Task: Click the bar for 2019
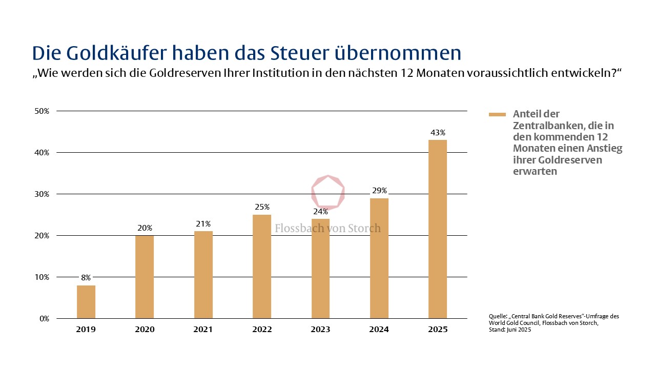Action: point(86,302)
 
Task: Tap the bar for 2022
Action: point(262,266)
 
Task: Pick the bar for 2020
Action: point(145,277)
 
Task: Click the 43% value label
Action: point(438,133)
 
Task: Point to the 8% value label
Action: point(86,278)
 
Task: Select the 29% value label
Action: point(379,191)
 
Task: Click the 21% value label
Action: point(203,224)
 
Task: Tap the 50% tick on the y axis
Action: point(42,111)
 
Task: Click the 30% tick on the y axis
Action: point(42,194)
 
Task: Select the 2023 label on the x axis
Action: point(320,330)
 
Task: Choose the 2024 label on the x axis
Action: point(379,330)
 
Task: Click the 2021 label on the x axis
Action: point(203,330)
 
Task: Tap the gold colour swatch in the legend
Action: point(497,114)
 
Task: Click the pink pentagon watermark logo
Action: point(328,192)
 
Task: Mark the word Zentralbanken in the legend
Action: point(545,126)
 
